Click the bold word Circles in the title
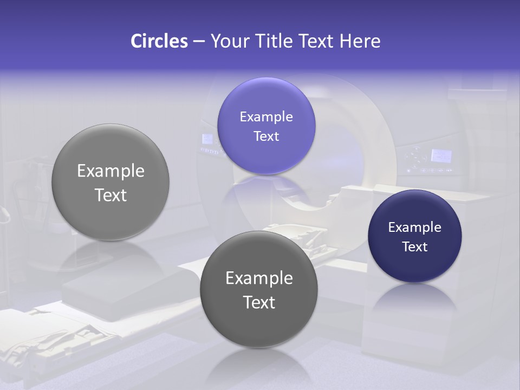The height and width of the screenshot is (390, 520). tap(159, 41)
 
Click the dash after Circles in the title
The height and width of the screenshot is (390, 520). tap(199, 42)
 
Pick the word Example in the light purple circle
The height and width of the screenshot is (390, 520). tap(266, 116)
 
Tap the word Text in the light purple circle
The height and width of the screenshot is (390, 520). tap(266, 136)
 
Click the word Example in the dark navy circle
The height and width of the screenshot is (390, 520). tap(414, 227)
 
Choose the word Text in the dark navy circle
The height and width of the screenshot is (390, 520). tap(414, 246)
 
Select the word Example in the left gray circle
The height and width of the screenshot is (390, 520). tap(110, 171)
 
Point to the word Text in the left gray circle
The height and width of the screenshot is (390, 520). tap(110, 195)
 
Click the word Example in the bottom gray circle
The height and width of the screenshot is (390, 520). tap(259, 278)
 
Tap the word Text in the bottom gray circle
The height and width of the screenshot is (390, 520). tap(259, 302)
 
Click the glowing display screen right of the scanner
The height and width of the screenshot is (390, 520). tap(441, 156)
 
